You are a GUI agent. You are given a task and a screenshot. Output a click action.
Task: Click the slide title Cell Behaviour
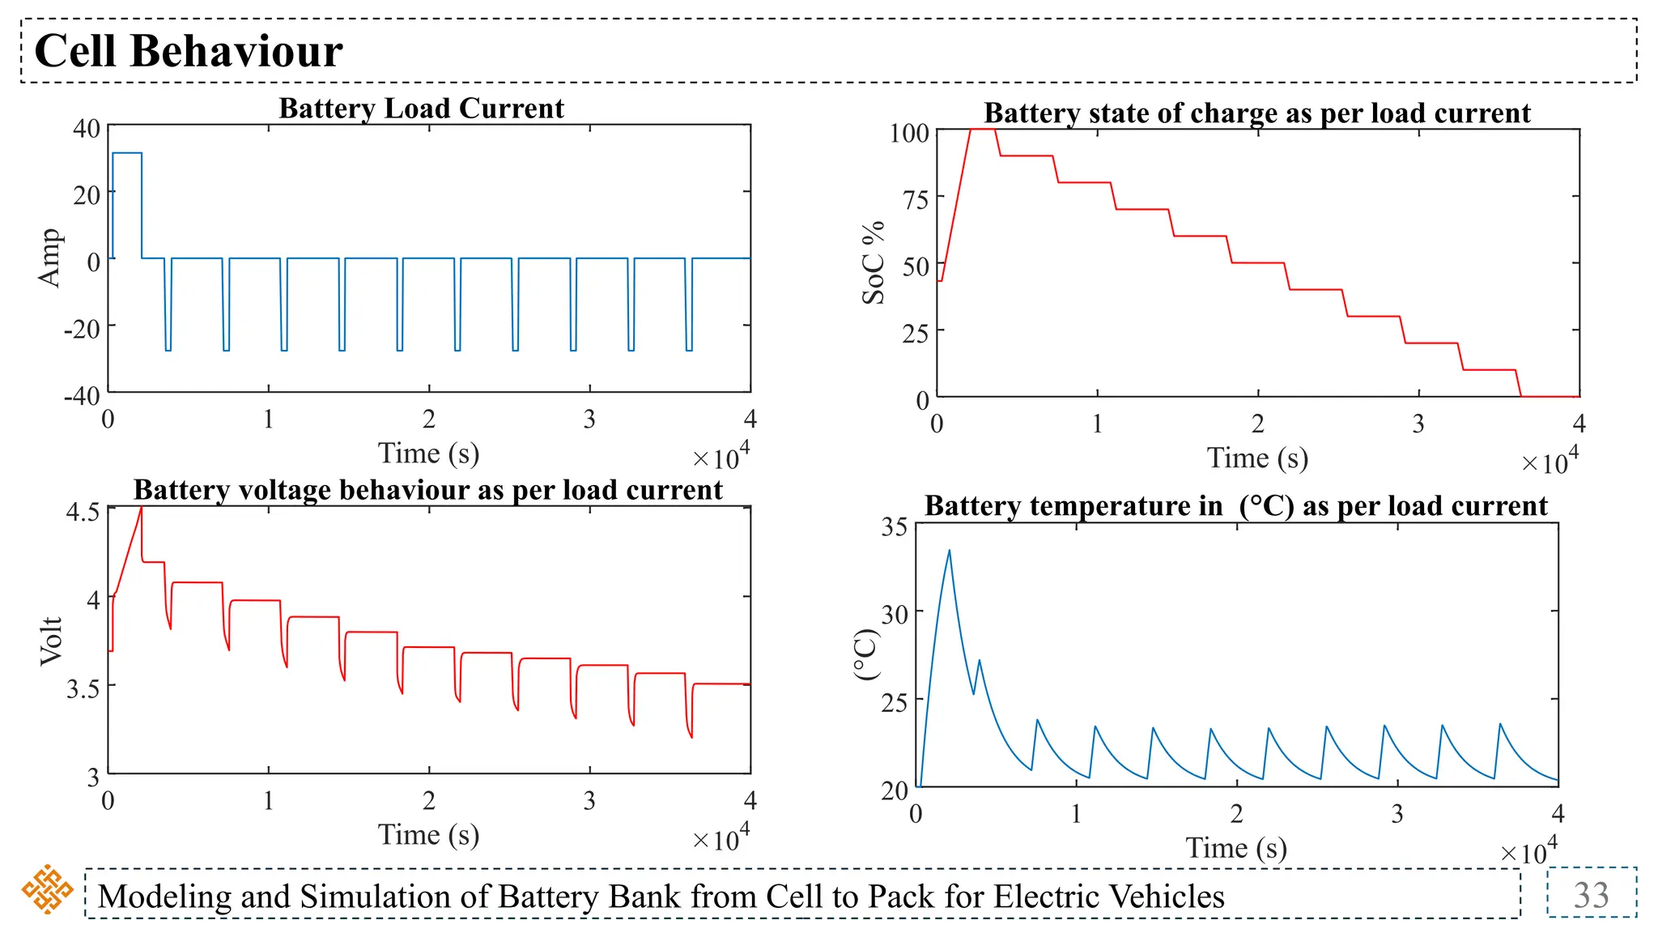pyautogui.click(x=188, y=51)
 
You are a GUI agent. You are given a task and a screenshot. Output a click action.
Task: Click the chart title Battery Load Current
pyautogui.click(x=421, y=108)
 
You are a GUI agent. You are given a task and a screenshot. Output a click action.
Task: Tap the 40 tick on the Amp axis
pyautogui.click(x=87, y=129)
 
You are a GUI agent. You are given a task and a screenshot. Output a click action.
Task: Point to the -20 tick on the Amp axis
pyautogui.click(x=83, y=329)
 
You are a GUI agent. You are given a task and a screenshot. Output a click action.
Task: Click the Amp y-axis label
pyautogui.click(x=50, y=258)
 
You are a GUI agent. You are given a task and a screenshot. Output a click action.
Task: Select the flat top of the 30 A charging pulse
pyautogui.click(x=127, y=153)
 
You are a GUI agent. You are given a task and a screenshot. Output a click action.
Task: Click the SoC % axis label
pyautogui.click(x=874, y=263)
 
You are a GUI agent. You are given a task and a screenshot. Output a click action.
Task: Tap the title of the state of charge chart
pyautogui.click(x=1256, y=113)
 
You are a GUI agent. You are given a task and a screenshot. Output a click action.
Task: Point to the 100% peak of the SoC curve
pyautogui.click(x=982, y=130)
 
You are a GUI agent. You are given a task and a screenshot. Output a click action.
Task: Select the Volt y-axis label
pyautogui.click(x=50, y=641)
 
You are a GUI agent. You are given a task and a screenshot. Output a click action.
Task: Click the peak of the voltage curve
pyautogui.click(x=142, y=508)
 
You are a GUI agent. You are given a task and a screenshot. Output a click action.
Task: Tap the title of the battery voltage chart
pyautogui.click(x=427, y=490)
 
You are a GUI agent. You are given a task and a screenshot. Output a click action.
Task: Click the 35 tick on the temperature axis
pyautogui.click(x=895, y=527)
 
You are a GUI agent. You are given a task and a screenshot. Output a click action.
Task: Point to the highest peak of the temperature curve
pyautogui.click(x=949, y=551)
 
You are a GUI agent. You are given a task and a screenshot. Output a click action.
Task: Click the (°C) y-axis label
pyautogui.click(x=866, y=654)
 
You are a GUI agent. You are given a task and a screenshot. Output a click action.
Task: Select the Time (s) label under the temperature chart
pyautogui.click(x=1235, y=848)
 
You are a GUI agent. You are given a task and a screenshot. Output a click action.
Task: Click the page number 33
pyautogui.click(x=1591, y=895)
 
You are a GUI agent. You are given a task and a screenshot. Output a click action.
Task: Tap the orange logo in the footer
pyautogui.click(x=47, y=889)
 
